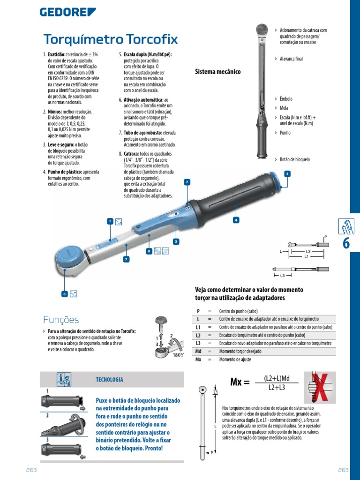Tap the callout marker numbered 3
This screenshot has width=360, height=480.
(287, 174)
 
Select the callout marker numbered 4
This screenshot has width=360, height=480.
(236, 219)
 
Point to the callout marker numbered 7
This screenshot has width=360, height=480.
(126, 259)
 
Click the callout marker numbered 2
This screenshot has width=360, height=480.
(187, 182)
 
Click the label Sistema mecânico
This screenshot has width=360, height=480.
(217, 72)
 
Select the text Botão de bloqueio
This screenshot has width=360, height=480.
(294, 159)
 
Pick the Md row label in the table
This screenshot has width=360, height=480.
(198, 351)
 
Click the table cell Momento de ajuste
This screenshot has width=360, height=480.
(235, 359)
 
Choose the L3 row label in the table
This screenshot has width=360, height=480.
(198, 343)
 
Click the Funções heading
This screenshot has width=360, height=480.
(61, 320)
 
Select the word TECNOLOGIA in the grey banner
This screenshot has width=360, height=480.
(109, 380)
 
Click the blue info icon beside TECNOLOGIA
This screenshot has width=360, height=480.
(64, 379)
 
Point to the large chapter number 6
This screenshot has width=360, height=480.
(347, 243)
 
